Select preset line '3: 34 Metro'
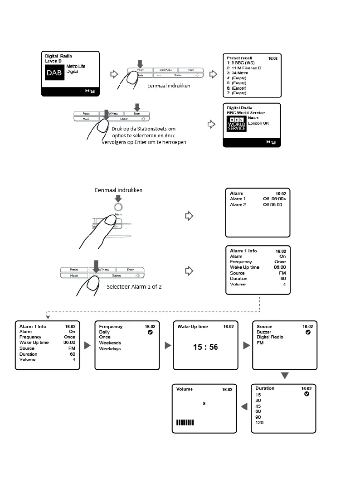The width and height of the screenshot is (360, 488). [237, 73]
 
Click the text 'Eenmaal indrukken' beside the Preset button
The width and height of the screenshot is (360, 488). [169, 85]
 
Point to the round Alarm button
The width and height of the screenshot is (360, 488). [118, 207]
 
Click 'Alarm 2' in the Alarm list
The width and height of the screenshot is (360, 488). [238, 205]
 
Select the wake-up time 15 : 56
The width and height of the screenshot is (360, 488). [205, 347]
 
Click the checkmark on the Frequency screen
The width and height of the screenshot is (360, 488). [150, 332]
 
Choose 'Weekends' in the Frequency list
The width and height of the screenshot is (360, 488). [110, 343]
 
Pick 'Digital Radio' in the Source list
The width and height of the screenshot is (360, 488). [270, 337]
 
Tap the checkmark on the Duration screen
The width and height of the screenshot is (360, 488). [306, 394]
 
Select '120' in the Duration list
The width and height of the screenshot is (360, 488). [259, 423]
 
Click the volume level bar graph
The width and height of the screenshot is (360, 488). [185, 423]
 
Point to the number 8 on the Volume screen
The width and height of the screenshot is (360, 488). [204, 403]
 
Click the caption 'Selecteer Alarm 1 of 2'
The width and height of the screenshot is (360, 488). [134, 287]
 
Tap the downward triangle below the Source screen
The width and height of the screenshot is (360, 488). [285, 376]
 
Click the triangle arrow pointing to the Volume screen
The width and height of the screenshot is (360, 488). [244, 407]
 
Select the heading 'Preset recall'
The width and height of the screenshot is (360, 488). [239, 58]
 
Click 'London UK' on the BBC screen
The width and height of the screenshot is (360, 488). [258, 123]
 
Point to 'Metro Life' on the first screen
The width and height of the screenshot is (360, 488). [76, 67]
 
